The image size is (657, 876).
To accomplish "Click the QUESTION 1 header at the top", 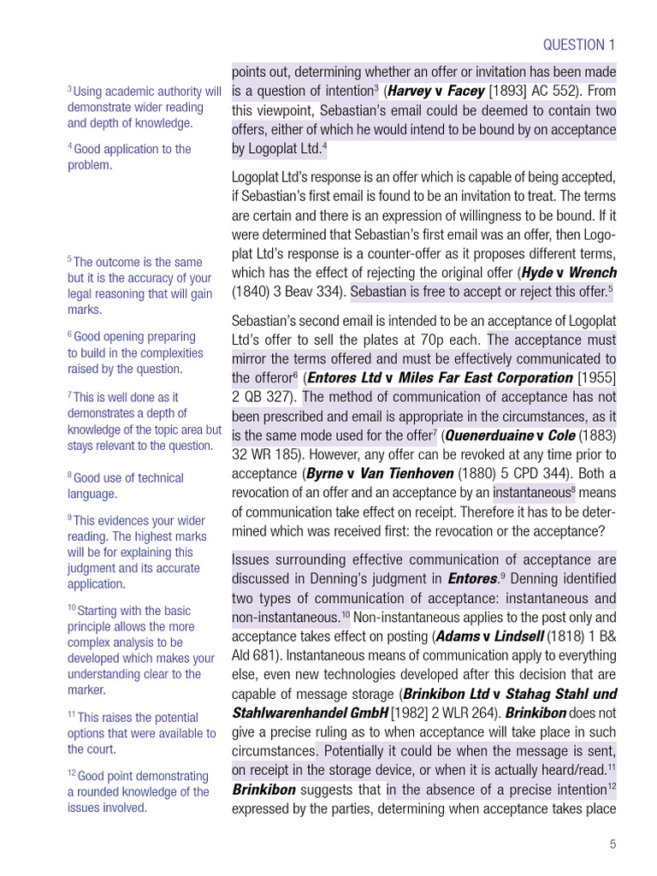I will point(579,44).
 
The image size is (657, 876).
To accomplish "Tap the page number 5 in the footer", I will point(613,844).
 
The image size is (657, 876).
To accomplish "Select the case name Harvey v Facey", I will point(435,91).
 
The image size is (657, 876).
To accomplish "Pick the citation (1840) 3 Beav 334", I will point(288,292).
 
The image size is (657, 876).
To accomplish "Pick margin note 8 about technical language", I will point(126,485).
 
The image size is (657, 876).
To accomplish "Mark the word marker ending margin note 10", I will point(86,690).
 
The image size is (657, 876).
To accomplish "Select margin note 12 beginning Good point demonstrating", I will point(139,791).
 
